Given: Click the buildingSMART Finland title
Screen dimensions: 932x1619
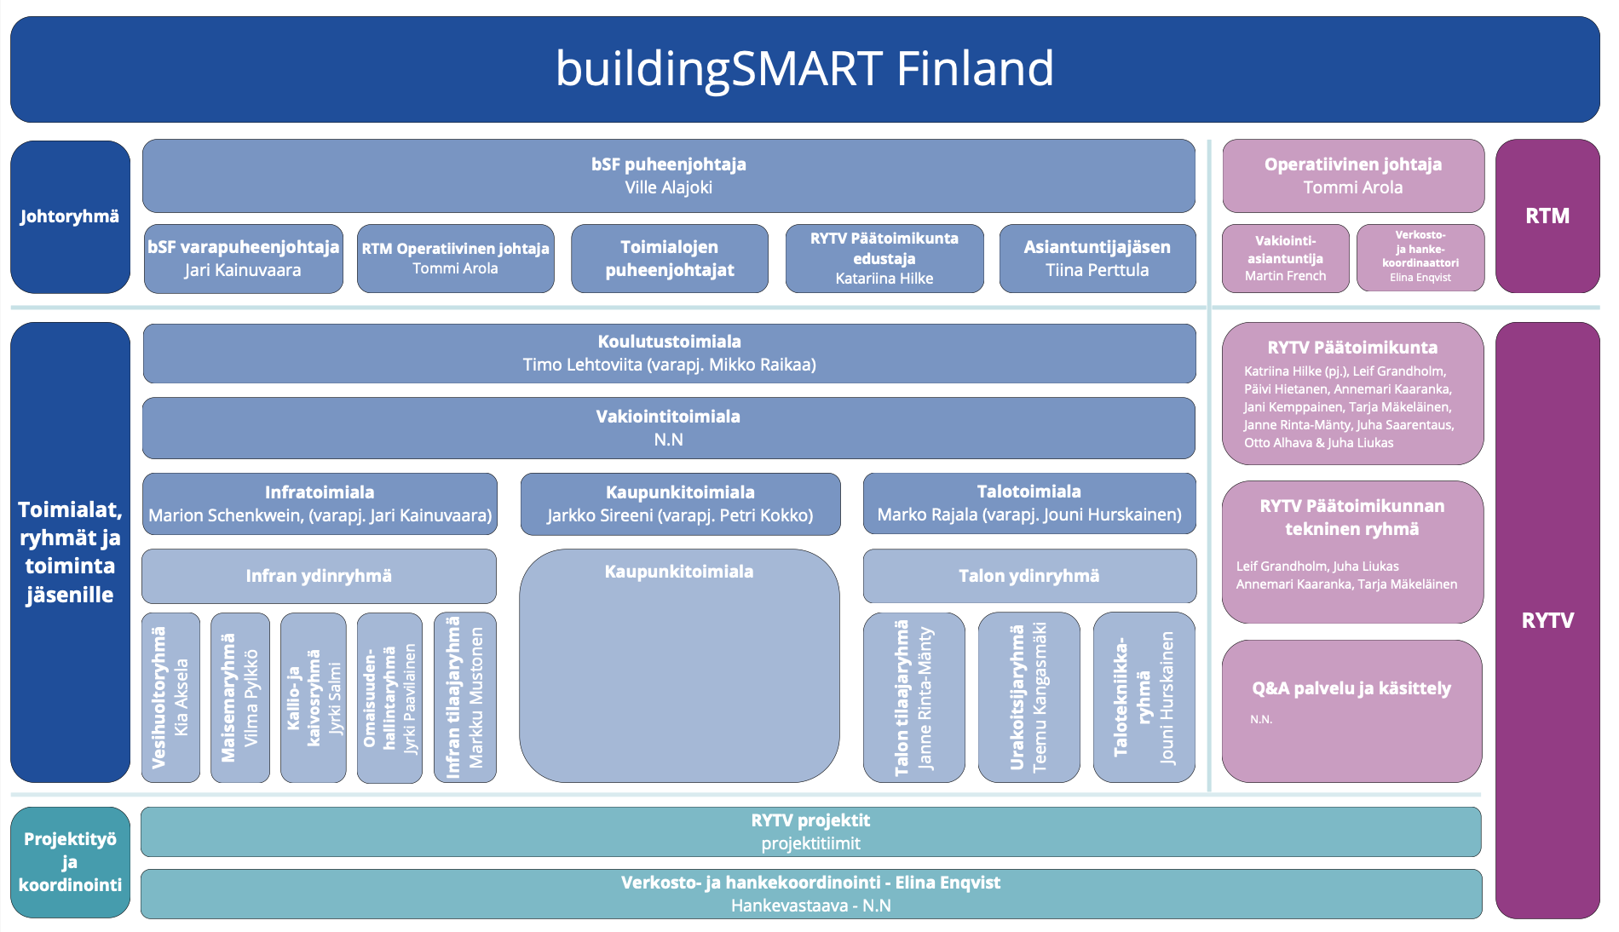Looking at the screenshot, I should [804, 69].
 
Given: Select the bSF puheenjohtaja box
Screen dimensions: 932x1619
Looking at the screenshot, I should [668, 175].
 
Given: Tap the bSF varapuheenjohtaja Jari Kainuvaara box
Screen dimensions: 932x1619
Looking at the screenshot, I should [243, 258].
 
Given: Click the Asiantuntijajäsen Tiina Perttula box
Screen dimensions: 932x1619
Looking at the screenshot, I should [1097, 258].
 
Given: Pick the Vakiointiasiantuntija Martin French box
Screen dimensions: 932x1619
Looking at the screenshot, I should [1285, 258].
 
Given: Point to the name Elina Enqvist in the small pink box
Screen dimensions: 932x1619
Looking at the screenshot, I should [1420, 278].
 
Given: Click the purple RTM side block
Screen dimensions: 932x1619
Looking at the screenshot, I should [1547, 216].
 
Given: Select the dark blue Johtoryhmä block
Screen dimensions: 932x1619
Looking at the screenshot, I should [70, 216].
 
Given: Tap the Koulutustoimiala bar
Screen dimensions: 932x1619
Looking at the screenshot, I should [669, 353].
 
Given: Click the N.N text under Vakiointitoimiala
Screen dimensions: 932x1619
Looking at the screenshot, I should [669, 440].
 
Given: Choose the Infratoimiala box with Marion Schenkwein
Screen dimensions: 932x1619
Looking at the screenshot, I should [320, 503].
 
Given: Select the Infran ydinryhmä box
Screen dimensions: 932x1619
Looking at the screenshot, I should [319, 576].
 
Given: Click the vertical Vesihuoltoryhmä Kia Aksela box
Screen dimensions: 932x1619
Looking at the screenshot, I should [170, 697].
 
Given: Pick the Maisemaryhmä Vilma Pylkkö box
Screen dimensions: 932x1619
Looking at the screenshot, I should [239, 697].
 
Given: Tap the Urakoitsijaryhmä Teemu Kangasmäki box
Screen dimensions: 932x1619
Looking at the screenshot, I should [1028, 697].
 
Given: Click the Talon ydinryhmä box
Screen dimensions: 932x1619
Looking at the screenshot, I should [1028, 576].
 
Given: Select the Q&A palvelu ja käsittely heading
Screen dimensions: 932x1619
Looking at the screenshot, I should [1351, 688].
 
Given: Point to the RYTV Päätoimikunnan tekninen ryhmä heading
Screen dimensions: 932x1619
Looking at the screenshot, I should [1352, 517].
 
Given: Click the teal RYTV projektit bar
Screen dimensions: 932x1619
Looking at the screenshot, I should [810, 831].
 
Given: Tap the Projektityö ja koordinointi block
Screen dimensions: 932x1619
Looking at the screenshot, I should [70, 862].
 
